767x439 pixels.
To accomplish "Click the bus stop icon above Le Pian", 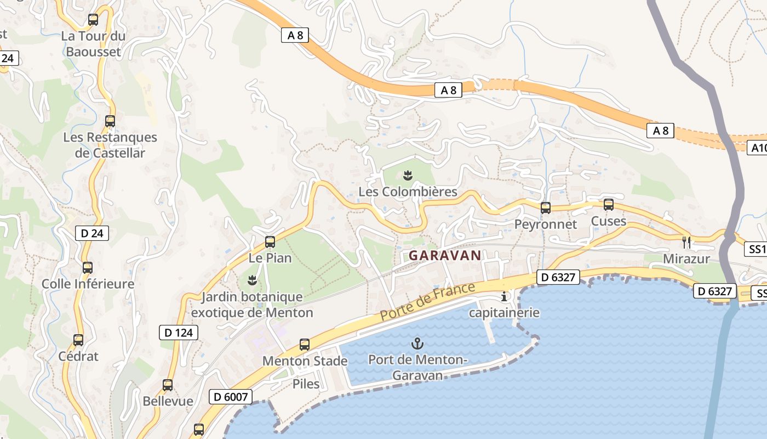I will coord(270,241).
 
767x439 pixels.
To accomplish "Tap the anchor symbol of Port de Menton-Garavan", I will coord(417,344).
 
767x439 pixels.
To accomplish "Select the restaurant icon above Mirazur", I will coord(686,242).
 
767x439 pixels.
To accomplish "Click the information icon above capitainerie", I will coord(504,297).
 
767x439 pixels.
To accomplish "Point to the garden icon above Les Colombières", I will coord(408,176).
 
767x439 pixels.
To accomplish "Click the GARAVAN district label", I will coord(445,255).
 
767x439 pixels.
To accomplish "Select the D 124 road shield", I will coord(179,332).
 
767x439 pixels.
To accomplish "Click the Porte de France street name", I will coord(427,302).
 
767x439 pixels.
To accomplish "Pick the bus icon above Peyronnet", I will coord(545,208).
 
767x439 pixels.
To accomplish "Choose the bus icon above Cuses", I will coord(608,205).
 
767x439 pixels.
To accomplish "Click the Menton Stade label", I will coord(305,361).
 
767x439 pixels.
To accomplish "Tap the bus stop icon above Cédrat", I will coord(78,340).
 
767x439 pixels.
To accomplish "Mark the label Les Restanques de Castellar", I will coord(110,145).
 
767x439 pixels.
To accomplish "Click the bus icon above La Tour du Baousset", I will coord(93,20).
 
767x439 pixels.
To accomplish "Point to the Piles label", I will coord(306,384).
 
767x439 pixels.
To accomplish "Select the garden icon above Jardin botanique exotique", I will coord(252,280).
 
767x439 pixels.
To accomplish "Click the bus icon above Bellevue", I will coord(168,385).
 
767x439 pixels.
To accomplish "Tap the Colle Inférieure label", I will coord(88,284).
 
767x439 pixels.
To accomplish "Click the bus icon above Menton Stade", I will coord(305,345).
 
